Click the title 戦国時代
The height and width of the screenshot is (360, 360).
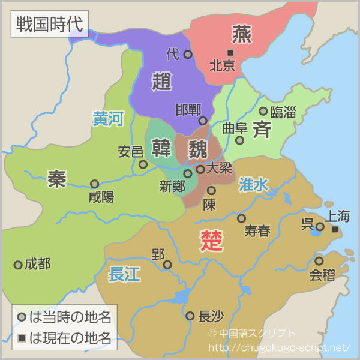coord(49,25)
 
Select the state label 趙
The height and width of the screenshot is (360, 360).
coord(162,80)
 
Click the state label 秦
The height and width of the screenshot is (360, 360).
coord(57,178)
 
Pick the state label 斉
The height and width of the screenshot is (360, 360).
coord(262,129)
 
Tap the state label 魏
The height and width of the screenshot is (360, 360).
coord(197,148)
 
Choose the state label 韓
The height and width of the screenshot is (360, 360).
coord(161,147)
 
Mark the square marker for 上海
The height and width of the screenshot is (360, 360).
coord(335,229)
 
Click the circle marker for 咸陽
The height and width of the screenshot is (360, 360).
coord(94,184)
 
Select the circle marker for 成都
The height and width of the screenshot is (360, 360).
coord(18,265)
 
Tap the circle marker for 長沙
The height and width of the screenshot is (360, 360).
coord(190,316)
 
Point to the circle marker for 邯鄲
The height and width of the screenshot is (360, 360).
coord(203,121)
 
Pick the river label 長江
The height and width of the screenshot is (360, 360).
coord(124,274)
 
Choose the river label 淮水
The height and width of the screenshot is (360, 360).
coord(253,184)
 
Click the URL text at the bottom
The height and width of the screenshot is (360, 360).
coord(278,347)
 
